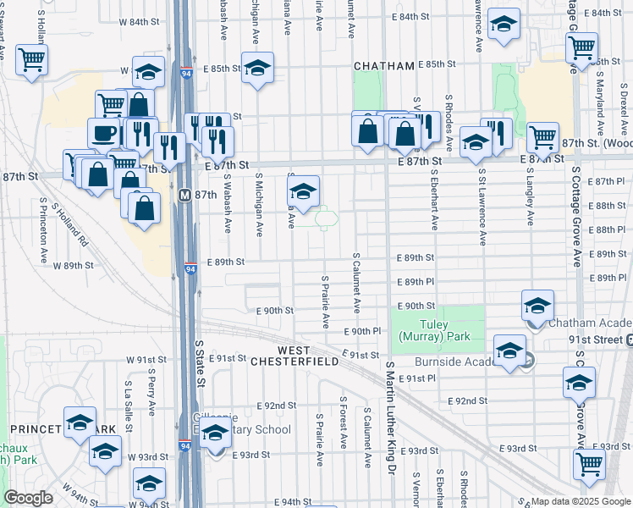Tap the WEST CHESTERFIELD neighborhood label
305,356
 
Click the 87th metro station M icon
186,195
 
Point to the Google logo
28,498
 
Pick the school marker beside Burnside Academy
509,351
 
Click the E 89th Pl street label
417,282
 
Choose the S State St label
200,364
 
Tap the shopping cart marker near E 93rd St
589,463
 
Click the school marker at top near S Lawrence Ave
504,28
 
